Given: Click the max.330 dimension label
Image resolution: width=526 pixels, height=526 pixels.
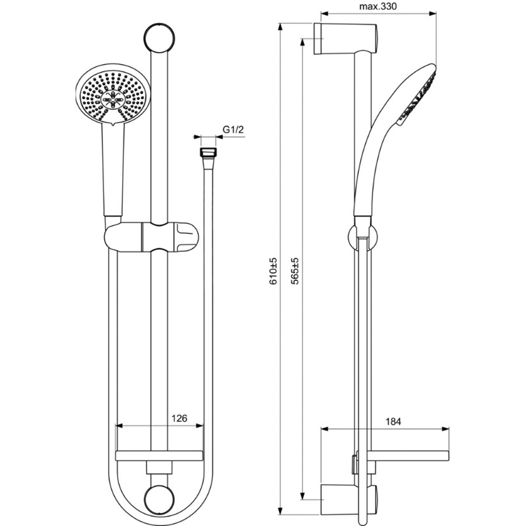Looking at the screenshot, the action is (x=378, y=6).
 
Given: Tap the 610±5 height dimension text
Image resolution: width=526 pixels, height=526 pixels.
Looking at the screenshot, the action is (x=274, y=271).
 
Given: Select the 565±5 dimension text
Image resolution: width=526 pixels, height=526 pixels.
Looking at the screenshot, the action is (x=295, y=271).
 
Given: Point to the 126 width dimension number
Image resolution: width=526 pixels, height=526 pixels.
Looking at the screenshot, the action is (x=179, y=418).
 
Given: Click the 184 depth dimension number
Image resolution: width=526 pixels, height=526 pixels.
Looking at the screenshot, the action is (x=393, y=421).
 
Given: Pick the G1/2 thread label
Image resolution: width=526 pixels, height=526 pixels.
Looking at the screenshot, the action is (x=233, y=130).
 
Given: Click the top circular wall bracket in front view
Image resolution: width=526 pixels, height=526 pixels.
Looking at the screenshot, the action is (x=159, y=38).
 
